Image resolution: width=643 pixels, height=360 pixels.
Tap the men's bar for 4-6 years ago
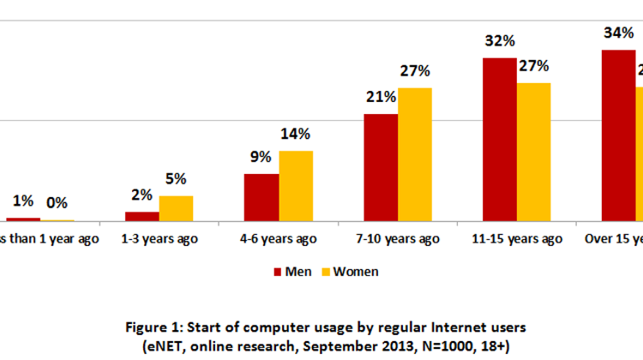click(261, 197)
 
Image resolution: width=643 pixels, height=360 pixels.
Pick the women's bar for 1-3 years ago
click(176, 208)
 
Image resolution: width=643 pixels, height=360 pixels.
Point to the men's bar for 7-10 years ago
click(381, 167)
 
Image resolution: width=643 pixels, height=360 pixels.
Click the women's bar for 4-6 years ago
click(296, 186)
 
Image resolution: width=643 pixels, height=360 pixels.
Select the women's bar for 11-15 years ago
click(533, 152)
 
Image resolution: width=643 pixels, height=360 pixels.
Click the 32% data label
click(499, 41)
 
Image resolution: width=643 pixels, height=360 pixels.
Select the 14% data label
click(296, 134)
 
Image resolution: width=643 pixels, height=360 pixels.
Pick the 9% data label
click(261, 157)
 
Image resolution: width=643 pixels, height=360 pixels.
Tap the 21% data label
click(380, 97)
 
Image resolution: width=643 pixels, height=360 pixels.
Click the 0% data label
click(57, 203)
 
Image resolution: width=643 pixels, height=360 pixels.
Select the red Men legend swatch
click(277, 272)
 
